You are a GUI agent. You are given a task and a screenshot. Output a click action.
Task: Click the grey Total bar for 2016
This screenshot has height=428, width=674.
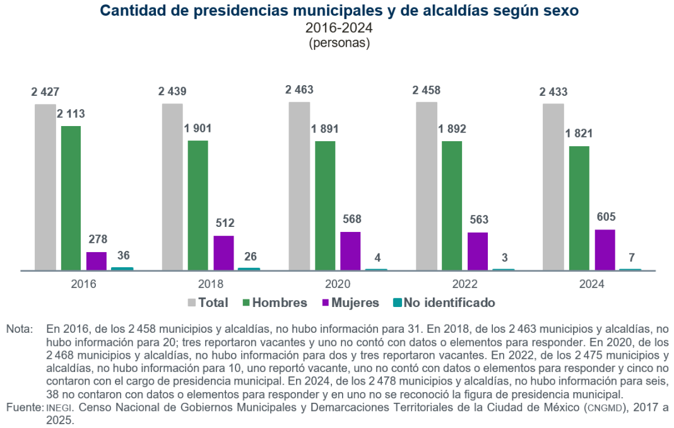(x=45, y=187)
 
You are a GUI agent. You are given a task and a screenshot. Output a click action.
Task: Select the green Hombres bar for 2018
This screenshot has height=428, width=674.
(x=198, y=205)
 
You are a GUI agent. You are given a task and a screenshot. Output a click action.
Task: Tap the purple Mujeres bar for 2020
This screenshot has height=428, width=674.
(x=350, y=251)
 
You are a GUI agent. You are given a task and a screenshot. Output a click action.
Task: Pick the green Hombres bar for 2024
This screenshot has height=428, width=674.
(x=579, y=208)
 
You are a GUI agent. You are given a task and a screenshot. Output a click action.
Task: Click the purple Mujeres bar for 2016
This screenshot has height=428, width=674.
(x=97, y=261)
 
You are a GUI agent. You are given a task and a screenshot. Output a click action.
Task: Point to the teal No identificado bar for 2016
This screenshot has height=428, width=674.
(x=122, y=269)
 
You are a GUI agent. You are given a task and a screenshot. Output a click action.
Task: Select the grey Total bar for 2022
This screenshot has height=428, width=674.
(x=427, y=186)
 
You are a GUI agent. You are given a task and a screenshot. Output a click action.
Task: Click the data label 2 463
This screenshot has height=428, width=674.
(x=299, y=90)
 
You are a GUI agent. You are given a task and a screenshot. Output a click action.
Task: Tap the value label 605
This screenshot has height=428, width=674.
(x=605, y=217)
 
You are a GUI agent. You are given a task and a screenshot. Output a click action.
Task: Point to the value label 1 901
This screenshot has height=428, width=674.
(x=198, y=129)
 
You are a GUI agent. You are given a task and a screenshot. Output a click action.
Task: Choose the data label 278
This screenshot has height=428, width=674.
(x=97, y=240)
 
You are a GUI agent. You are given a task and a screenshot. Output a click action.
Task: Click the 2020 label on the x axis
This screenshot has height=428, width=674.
(x=338, y=284)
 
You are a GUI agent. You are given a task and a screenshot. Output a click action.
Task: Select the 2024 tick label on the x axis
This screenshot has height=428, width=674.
(x=592, y=284)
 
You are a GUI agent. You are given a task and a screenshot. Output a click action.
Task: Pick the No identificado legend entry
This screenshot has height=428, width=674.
(x=449, y=303)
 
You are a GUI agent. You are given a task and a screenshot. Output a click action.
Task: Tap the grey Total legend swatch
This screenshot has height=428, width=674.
(x=192, y=303)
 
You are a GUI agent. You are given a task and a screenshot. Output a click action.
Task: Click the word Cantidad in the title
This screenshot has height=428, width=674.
(x=131, y=11)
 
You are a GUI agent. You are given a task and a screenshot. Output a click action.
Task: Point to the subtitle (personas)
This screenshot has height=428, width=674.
(x=339, y=43)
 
